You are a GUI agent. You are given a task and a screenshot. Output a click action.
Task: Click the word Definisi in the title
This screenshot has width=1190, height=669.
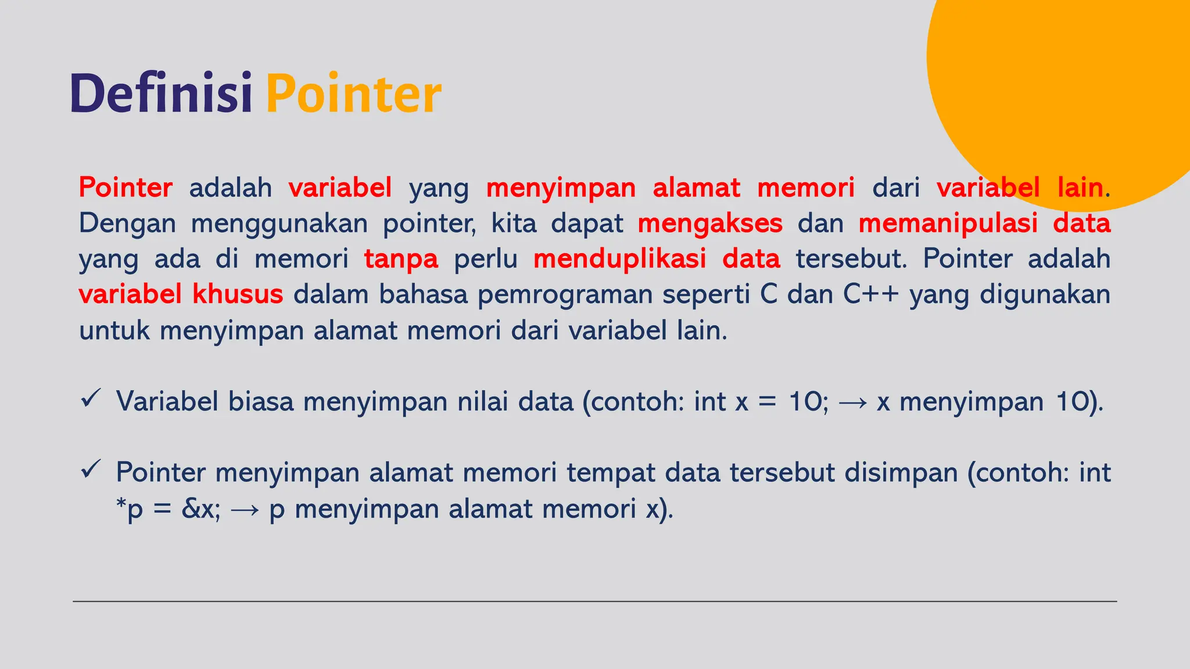(x=161, y=93)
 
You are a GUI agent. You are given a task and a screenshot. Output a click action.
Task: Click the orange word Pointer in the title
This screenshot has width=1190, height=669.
(x=353, y=94)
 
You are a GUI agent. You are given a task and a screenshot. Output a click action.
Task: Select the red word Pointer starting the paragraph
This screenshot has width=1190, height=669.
(x=126, y=188)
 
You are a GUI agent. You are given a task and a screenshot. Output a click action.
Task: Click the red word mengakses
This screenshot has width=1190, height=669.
(x=710, y=224)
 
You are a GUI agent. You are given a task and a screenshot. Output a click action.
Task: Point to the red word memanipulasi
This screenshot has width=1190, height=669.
(x=948, y=224)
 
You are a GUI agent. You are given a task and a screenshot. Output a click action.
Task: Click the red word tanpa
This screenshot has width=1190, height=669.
(x=401, y=259)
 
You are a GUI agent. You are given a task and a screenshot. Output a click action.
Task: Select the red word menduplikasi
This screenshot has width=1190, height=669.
(x=619, y=259)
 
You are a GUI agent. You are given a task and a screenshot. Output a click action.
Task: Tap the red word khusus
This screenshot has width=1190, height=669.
(x=238, y=294)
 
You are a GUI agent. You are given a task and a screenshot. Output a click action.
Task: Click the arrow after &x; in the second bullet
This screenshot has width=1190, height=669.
(x=245, y=510)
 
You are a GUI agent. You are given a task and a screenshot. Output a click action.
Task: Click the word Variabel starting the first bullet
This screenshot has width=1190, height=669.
(x=167, y=401)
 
